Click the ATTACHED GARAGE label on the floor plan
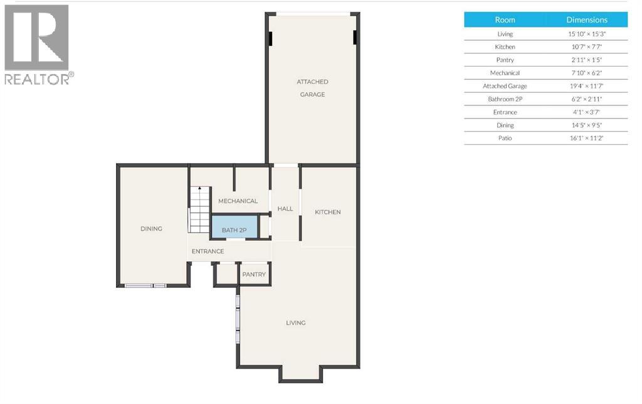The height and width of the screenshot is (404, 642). (312, 88)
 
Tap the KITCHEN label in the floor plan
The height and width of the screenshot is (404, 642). (328, 212)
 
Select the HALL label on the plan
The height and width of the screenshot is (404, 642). (285, 208)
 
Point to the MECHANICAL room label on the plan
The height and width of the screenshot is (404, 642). (238, 201)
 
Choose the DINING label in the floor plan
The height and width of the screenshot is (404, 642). (151, 228)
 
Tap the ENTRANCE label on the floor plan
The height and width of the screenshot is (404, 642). (208, 252)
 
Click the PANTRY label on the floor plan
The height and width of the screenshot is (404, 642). (254, 274)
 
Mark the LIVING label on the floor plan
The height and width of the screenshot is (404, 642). (296, 323)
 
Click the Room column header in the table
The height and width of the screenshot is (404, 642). (505, 20)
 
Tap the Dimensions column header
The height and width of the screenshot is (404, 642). (587, 20)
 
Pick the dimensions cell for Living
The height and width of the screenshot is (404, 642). (587, 34)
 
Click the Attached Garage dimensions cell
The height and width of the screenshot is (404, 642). (587, 86)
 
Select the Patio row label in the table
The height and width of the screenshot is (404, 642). (505, 138)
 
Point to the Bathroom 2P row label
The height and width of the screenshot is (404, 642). (505, 99)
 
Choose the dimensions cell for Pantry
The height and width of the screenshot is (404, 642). (587, 60)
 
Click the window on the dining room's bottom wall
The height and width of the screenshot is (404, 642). (145, 286)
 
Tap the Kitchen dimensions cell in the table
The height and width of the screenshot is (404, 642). (587, 47)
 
